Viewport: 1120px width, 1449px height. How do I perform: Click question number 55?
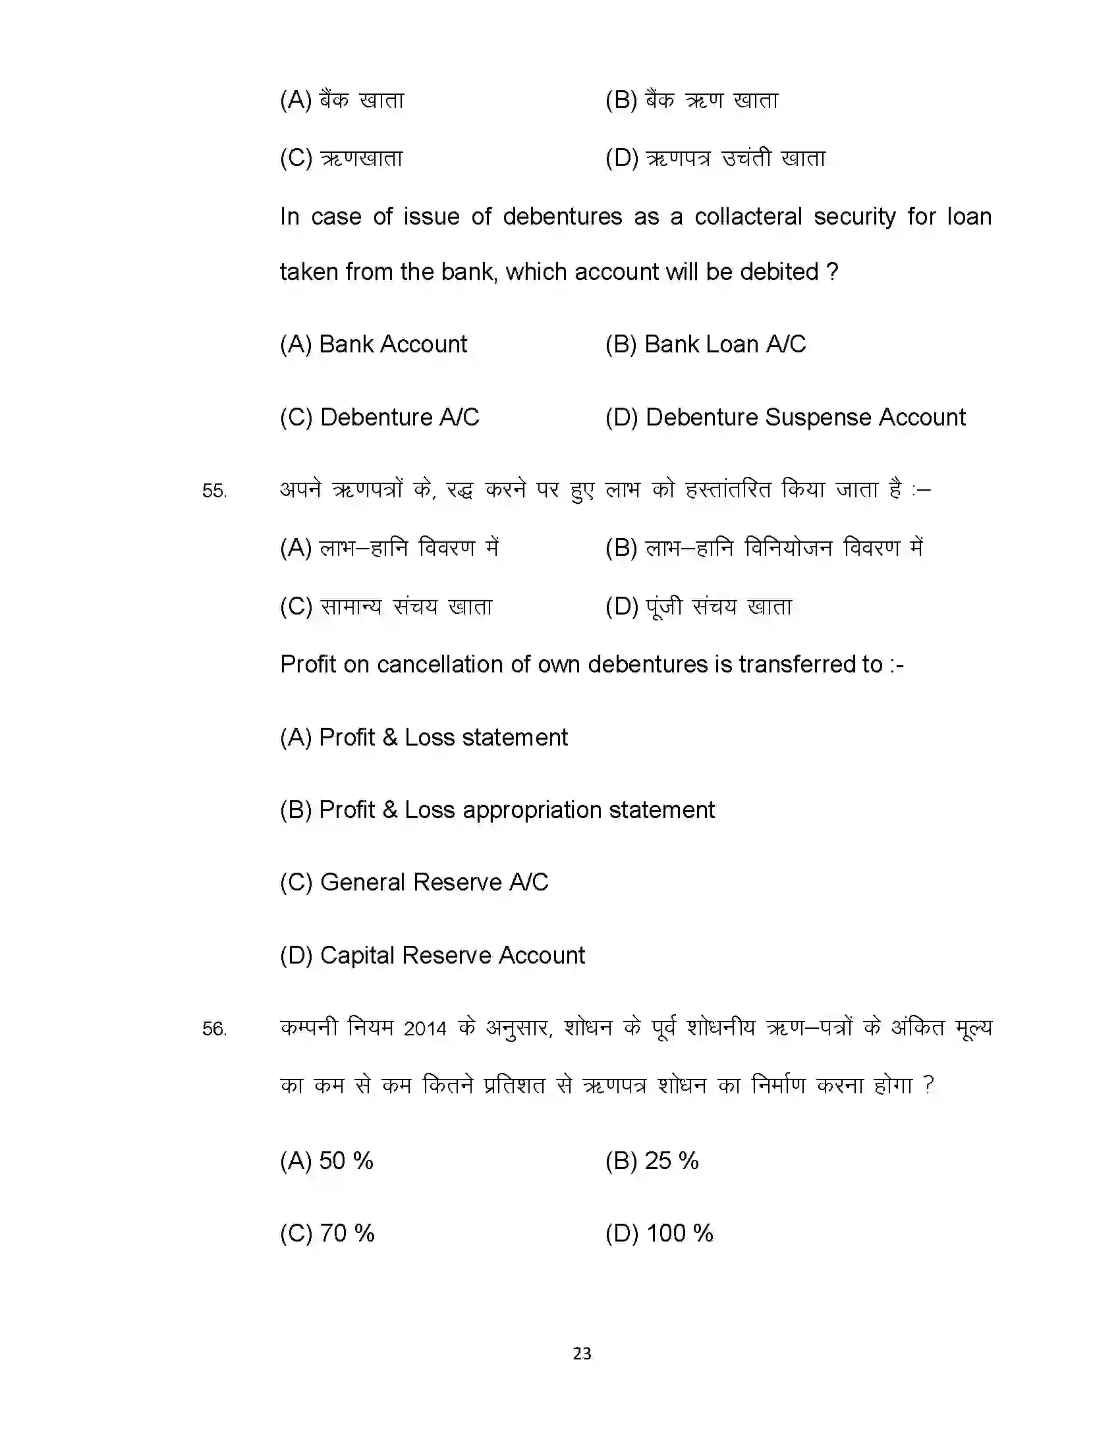(x=214, y=491)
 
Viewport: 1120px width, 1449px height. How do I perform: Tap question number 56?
(x=214, y=1028)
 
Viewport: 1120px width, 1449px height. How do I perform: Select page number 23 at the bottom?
(x=582, y=1353)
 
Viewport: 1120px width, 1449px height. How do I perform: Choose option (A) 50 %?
(x=326, y=1161)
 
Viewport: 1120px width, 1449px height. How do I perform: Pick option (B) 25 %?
(x=652, y=1161)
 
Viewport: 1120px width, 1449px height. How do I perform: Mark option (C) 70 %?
(x=327, y=1233)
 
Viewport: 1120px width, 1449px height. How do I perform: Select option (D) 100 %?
(x=659, y=1233)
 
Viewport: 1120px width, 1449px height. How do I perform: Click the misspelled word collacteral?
(x=748, y=217)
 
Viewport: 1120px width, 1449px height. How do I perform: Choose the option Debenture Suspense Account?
(x=785, y=418)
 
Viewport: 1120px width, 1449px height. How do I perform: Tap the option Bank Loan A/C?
(x=706, y=344)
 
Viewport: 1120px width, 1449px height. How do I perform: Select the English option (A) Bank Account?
(x=374, y=344)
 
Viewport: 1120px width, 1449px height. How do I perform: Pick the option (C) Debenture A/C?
(x=379, y=418)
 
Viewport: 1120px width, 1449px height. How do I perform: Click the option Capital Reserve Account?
(x=433, y=955)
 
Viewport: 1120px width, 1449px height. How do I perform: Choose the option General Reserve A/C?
(x=414, y=882)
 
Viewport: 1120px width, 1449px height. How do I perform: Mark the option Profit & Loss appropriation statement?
(x=497, y=809)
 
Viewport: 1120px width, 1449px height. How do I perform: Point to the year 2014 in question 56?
(x=425, y=1028)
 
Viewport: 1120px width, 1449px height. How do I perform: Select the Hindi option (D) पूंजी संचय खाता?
(x=698, y=606)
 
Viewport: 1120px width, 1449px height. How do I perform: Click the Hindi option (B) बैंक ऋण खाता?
(x=691, y=100)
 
